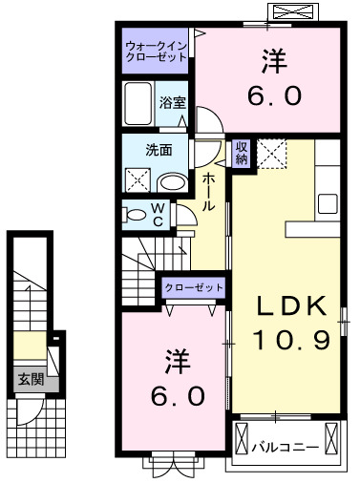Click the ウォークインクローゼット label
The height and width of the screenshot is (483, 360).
point(156,49)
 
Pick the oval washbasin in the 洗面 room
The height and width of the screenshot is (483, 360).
point(173,182)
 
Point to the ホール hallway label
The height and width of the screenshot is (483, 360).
point(208,192)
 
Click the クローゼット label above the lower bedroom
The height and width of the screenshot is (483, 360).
point(194,287)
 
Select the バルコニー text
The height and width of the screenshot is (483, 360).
point(284,446)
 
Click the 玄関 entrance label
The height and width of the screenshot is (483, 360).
point(29,379)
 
